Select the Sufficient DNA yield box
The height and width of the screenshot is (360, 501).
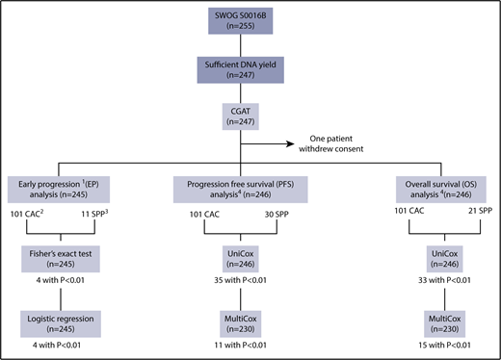pyautogui.click(x=250, y=77)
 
